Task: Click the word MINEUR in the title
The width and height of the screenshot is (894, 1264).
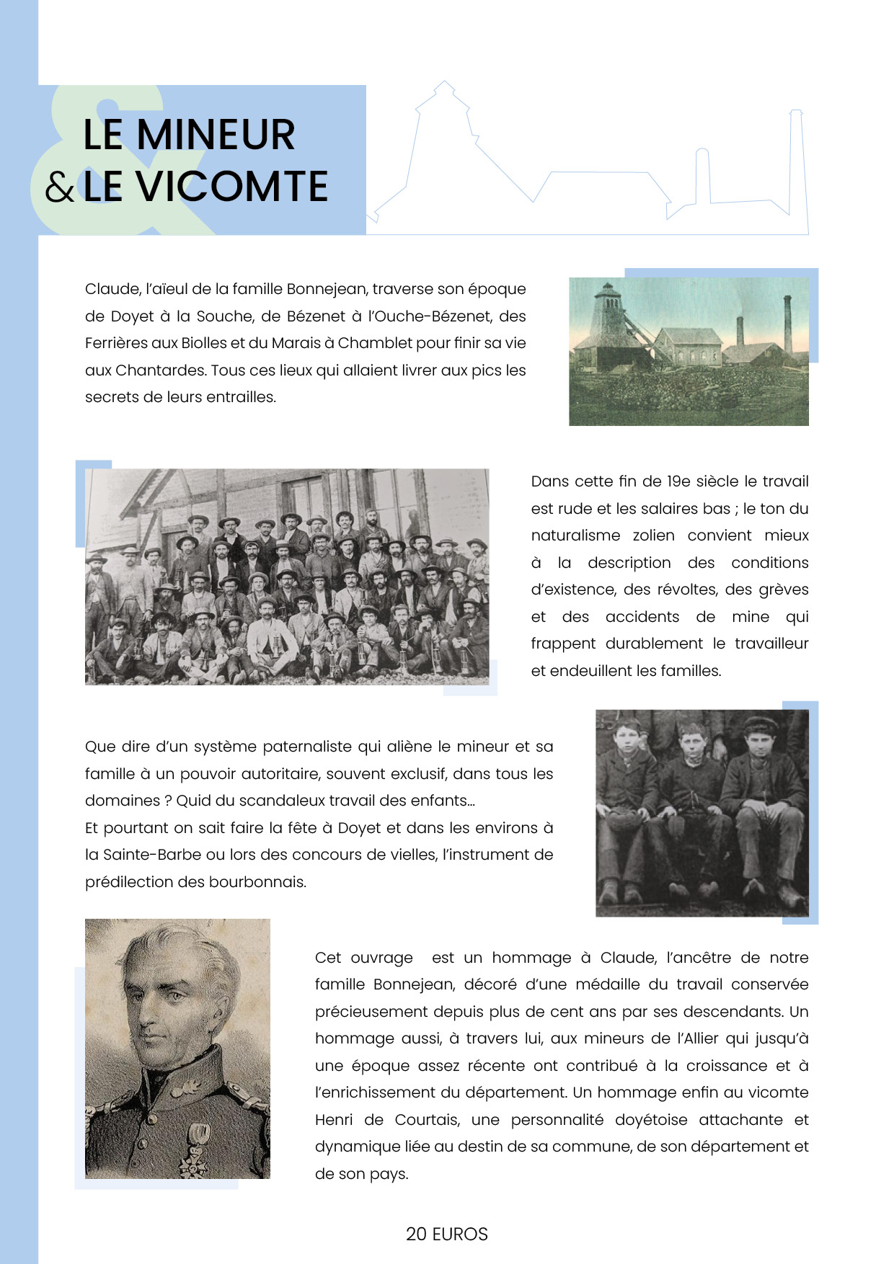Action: pyautogui.click(x=216, y=135)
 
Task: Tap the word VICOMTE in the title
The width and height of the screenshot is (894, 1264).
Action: pyautogui.click(x=232, y=187)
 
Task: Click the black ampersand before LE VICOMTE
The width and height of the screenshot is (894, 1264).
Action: pyautogui.click(x=59, y=188)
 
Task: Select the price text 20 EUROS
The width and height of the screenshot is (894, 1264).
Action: pyautogui.click(x=446, y=1234)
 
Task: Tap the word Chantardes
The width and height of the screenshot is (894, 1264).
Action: pyautogui.click(x=161, y=370)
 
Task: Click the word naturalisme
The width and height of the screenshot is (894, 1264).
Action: pyautogui.click(x=575, y=535)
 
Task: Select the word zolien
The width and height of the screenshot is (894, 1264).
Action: pyautogui.click(x=653, y=535)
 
